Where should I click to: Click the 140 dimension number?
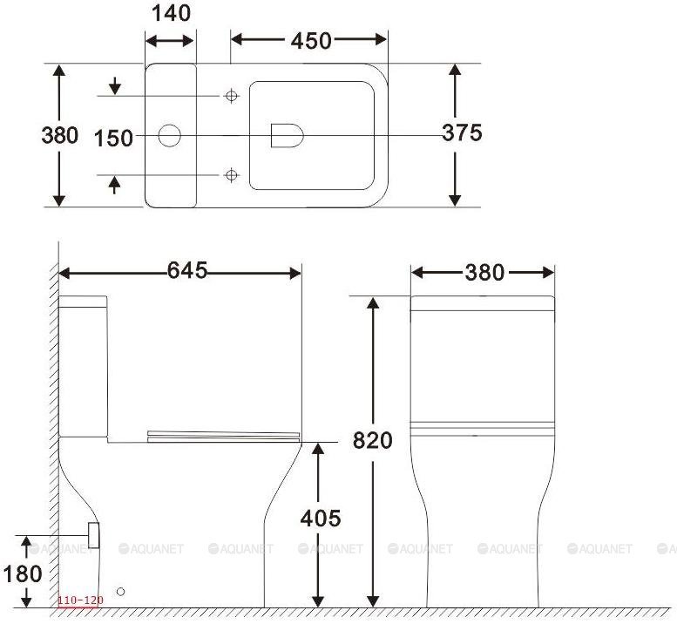point(171,13)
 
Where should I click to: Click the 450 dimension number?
point(311,41)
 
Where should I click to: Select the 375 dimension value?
point(462,132)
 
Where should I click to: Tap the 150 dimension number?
point(113,139)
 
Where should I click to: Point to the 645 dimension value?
point(187,271)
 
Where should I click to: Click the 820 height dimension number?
point(373,440)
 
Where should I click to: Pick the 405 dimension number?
point(321,518)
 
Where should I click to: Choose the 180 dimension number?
point(23,574)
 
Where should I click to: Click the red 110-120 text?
point(80,600)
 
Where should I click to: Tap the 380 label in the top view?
point(59,135)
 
